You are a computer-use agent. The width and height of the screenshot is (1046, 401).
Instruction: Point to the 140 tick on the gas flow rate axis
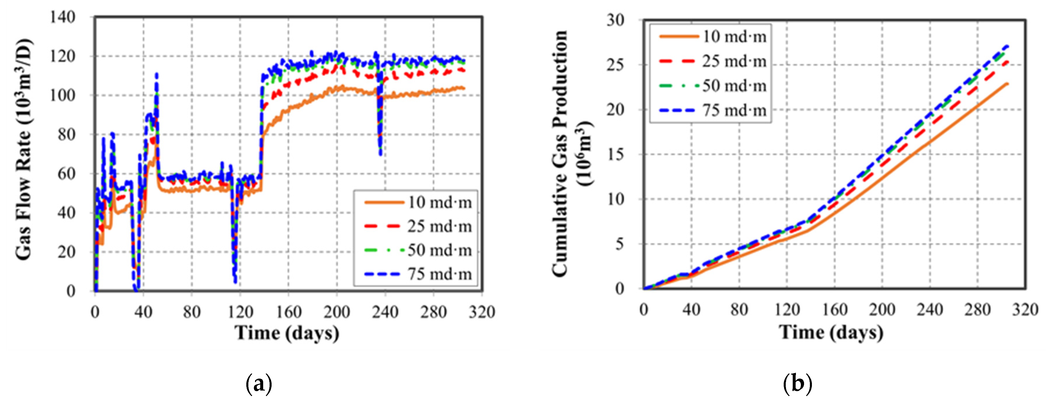[63, 17]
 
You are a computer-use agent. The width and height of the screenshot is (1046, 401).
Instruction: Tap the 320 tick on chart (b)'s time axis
[1025, 310]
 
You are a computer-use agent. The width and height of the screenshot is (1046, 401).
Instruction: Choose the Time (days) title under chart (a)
[287, 333]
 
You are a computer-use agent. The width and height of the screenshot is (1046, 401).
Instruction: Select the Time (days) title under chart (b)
[831, 332]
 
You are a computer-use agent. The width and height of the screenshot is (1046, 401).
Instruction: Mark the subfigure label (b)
[797, 384]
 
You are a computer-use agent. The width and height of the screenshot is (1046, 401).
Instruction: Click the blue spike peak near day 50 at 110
[156, 75]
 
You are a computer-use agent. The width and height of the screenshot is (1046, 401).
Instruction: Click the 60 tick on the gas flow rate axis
[66, 174]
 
